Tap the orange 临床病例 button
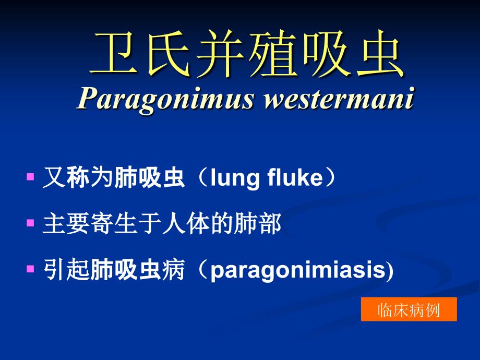click(x=409, y=309)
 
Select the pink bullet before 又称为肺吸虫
click(x=30, y=177)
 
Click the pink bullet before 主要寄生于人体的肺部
click(x=30, y=223)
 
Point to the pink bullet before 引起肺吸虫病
click(x=30, y=269)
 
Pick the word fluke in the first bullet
click(x=295, y=177)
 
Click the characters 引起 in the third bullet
click(x=66, y=270)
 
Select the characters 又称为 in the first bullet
click(x=78, y=177)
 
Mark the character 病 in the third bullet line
click(x=174, y=270)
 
